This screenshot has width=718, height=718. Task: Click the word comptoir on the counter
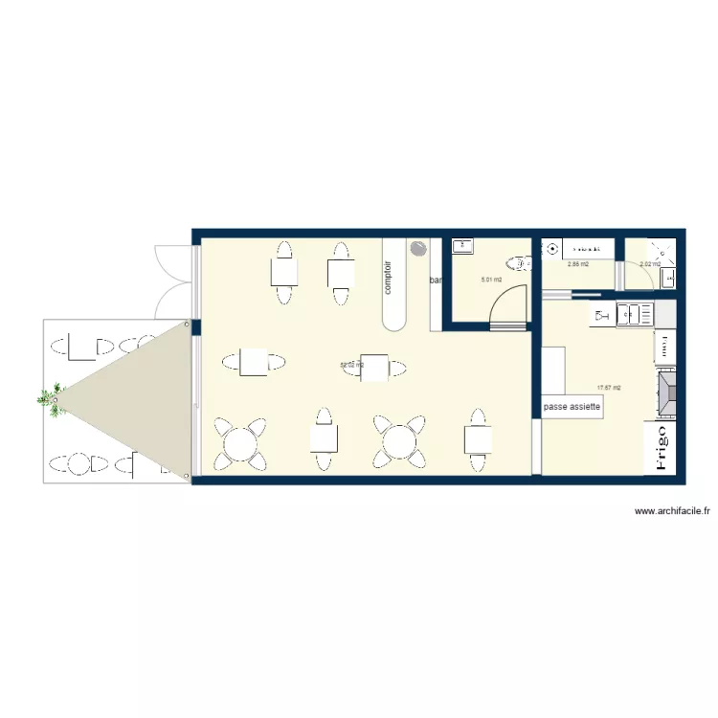click(389, 277)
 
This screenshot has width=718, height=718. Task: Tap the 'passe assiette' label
click(572, 407)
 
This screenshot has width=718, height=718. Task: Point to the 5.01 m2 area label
click(491, 280)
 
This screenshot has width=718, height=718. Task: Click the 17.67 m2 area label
click(609, 388)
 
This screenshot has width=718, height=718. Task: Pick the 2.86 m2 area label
click(577, 264)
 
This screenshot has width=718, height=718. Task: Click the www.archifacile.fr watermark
click(672, 512)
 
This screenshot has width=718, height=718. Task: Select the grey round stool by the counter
click(418, 249)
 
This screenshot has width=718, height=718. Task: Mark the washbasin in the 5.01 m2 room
click(463, 246)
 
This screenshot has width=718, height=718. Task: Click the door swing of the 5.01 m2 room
click(508, 306)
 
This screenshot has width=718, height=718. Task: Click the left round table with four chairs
click(238, 442)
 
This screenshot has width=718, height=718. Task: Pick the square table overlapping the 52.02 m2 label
click(374, 367)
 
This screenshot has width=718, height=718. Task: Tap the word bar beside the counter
click(436, 280)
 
